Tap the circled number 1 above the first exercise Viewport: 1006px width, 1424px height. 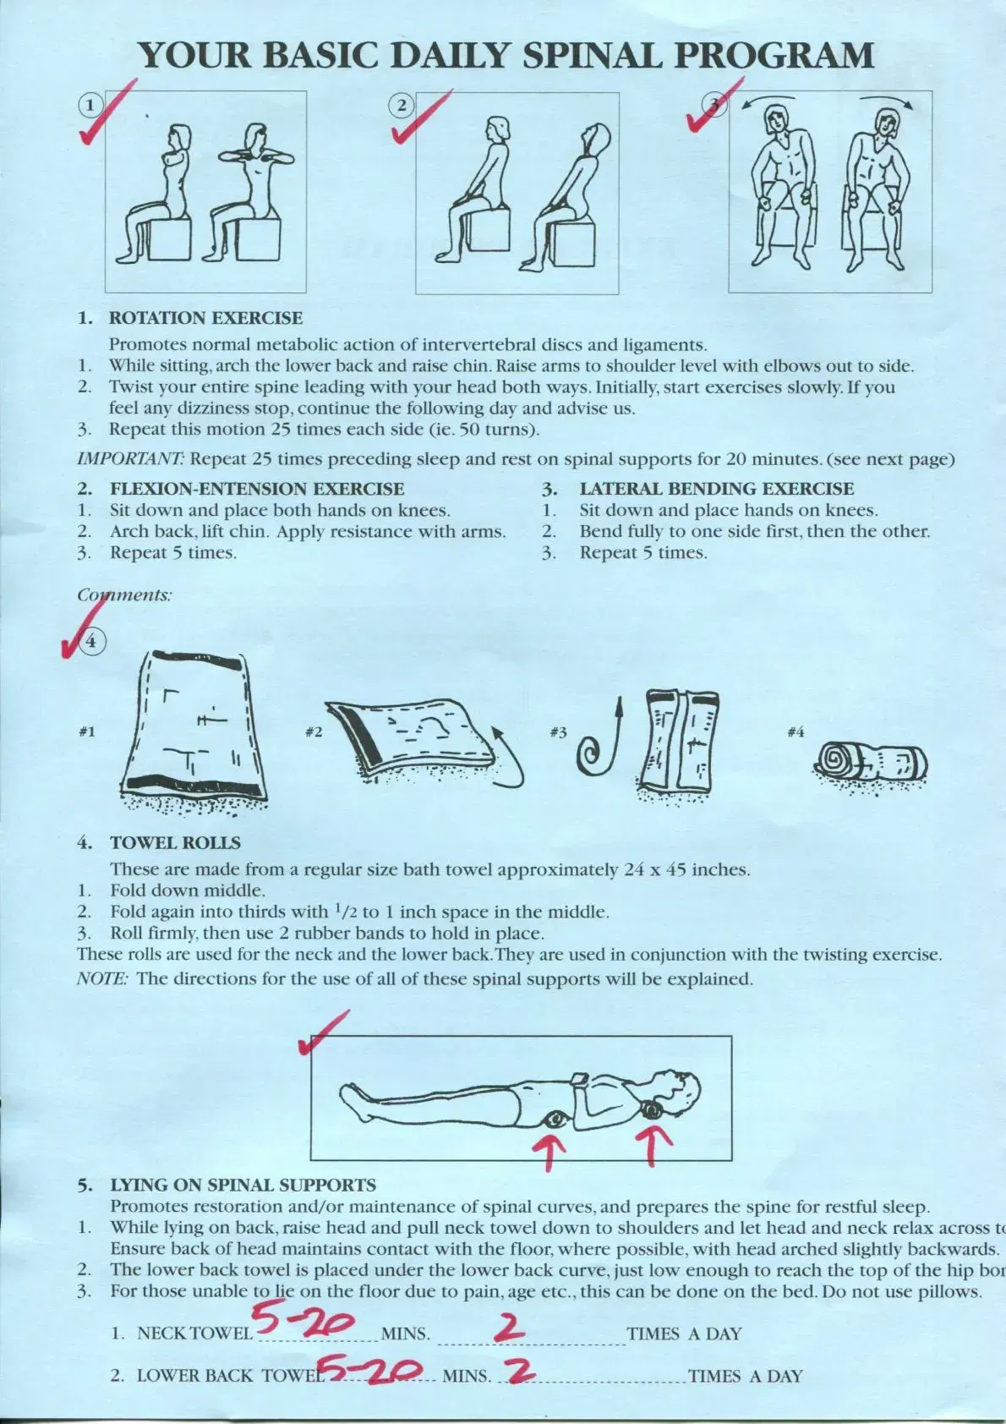tap(90, 105)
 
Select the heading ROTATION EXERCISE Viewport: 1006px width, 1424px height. tap(205, 319)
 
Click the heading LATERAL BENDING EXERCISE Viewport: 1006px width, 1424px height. tap(716, 489)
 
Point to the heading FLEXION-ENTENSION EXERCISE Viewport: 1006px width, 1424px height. tap(257, 489)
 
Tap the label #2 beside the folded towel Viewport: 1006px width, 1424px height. tap(313, 731)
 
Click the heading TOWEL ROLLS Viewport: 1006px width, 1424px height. tap(175, 843)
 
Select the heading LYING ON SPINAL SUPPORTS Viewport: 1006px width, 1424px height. tap(243, 1186)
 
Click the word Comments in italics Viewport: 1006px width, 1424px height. tap(124, 595)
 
